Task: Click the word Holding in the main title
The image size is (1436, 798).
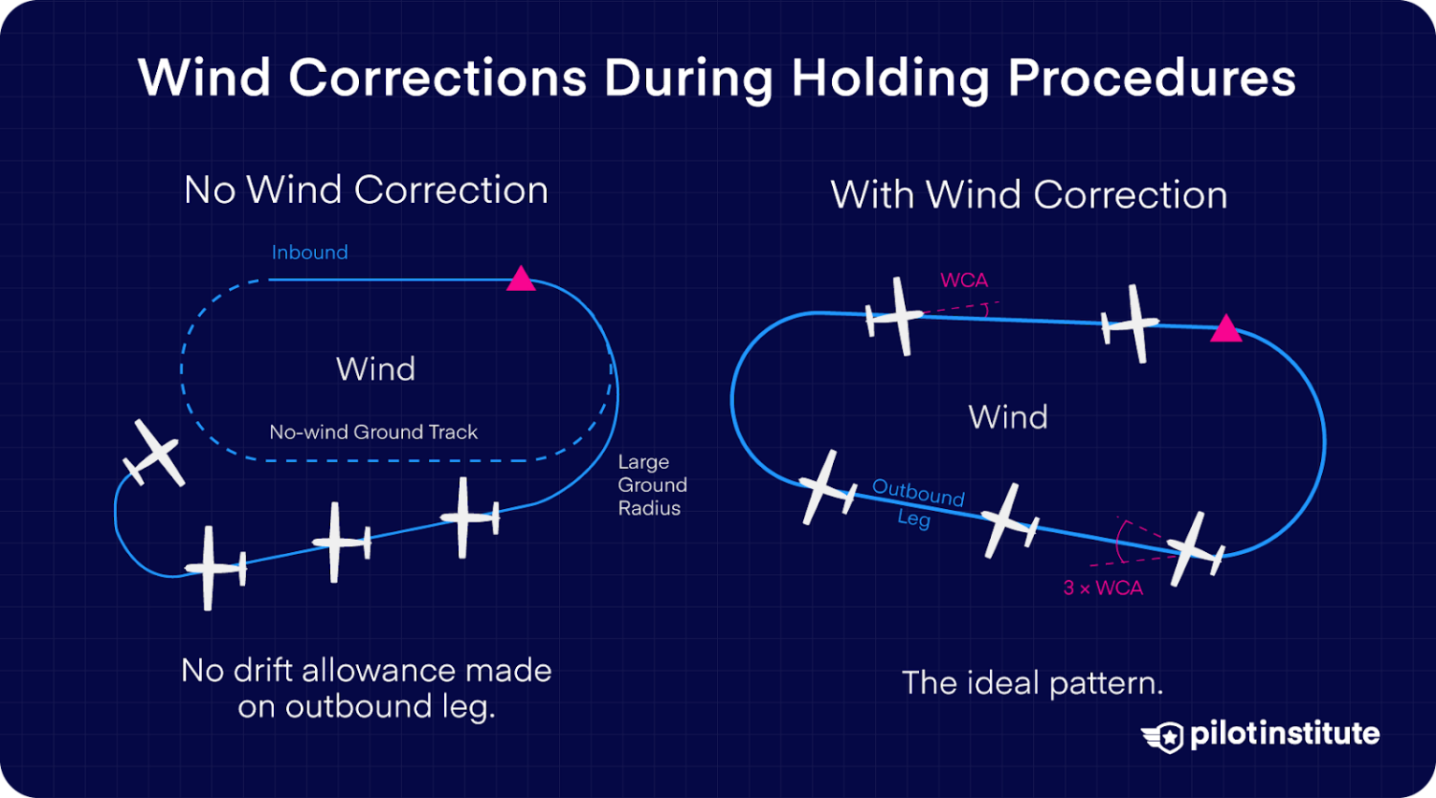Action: [890, 79]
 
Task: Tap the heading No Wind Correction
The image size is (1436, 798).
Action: [366, 190]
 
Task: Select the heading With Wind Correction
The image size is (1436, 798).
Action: [1028, 195]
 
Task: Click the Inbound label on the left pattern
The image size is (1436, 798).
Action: [309, 253]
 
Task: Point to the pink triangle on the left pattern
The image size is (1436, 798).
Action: [521, 279]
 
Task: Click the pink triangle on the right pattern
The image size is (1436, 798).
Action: [1226, 329]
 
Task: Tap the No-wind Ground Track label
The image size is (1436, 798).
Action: [373, 432]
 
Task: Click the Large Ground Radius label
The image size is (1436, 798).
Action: [652, 485]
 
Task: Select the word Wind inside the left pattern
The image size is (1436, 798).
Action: [376, 369]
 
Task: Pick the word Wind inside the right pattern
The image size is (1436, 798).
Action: [1008, 417]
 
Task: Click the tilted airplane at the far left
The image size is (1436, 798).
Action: [154, 454]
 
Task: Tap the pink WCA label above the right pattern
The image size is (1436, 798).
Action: [964, 280]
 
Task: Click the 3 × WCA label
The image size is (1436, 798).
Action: [1103, 588]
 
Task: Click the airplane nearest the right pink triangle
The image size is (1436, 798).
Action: [1132, 324]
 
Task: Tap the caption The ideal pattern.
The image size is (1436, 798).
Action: [1032, 683]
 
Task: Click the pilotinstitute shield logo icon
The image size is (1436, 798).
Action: [1163, 736]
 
